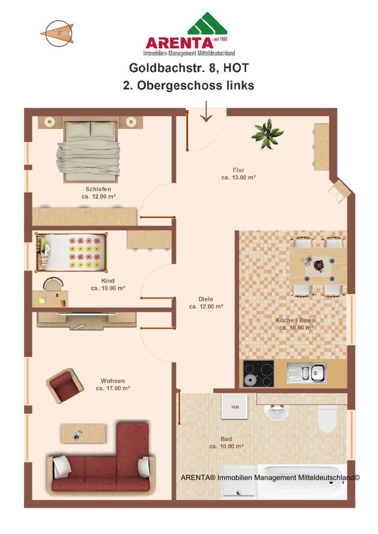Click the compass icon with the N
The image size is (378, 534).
pos(58,33)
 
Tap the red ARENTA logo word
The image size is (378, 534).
pos(179,43)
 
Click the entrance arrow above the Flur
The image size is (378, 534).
pos(206,111)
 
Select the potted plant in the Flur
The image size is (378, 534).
pos(267,133)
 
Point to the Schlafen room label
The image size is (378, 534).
pos(98,189)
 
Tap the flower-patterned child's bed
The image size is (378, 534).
pos(71,252)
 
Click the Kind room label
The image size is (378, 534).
pos(108,280)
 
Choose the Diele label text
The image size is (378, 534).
pos(206,299)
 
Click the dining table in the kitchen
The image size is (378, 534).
pos(318,266)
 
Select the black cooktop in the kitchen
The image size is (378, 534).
pos(258,373)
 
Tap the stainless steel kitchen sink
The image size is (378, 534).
pos(307,373)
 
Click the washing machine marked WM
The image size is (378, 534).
pos(234,406)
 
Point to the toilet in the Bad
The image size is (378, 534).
pos(327,418)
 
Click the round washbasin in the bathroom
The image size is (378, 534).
pos(277,413)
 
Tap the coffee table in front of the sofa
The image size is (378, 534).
pos(84,433)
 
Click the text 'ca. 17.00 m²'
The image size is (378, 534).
pos(113,388)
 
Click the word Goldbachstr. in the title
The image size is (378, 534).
pos(167,68)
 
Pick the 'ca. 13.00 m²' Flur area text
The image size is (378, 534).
pos(238,178)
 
